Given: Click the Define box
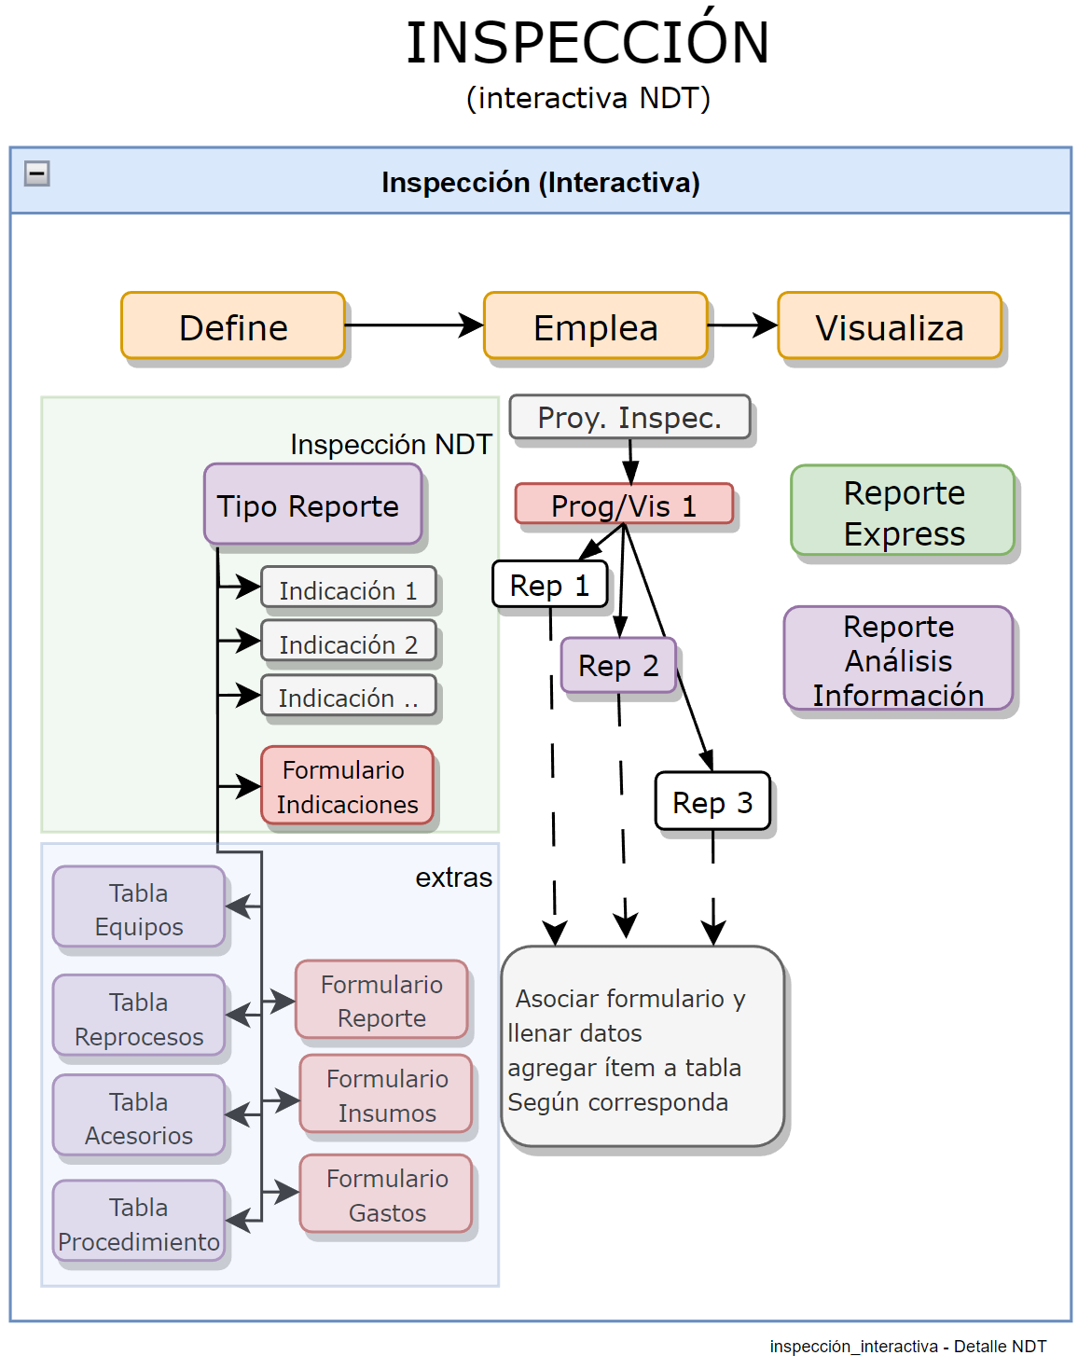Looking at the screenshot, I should [x=233, y=325].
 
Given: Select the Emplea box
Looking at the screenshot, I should [x=596, y=325].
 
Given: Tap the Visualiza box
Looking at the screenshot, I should [x=890, y=325].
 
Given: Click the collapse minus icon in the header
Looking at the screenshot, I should [x=37, y=173].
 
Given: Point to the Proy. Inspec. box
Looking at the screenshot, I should [x=629, y=417].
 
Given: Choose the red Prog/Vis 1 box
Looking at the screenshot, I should [x=624, y=505].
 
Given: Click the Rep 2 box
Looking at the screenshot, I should [x=618, y=665].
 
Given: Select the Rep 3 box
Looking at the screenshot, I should [x=712, y=801].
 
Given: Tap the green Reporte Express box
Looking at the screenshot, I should [x=903, y=511].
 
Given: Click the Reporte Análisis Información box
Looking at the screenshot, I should [x=898, y=658].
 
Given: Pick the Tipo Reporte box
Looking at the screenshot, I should [x=312, y=505].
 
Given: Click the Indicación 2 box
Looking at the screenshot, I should [x=348, y=643].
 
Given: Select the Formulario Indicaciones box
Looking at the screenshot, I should [x=347, y=786].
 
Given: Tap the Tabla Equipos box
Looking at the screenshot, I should [x=139, y=907].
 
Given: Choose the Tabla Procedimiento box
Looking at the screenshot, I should [x=139, y=1222].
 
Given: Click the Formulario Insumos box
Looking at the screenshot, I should [x=386, y=1094].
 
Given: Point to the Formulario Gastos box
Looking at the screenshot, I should [x=386, y=1194].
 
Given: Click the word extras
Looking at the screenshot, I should [x=453, y=878].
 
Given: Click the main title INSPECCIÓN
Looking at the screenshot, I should [x=587, y=43].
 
